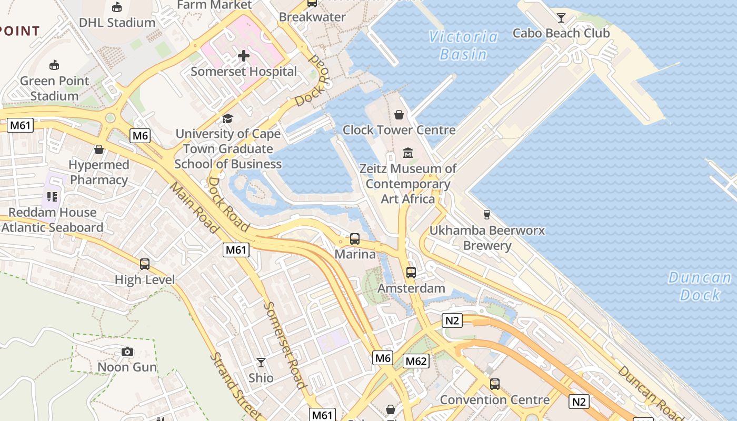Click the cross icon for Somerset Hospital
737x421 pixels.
[243, 55]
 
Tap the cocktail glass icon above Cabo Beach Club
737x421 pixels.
[561, 18]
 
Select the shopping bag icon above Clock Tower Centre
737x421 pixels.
[399, 115]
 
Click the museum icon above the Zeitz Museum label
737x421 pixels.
[407, 153]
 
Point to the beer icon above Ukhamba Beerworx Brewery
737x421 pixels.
[486, 215]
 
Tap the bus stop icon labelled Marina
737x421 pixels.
[355, 239]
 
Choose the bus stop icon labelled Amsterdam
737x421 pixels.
[411, 273]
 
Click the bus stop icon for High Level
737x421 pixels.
[145, 264]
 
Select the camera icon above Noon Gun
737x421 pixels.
[127, 352]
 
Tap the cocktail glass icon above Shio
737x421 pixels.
[261, 363]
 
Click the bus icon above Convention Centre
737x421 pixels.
[494, 384]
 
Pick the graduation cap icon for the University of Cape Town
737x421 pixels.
[227, 118]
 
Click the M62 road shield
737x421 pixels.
[416, 361]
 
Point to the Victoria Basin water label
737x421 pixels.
[463, 45]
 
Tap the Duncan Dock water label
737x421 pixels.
[700, 286]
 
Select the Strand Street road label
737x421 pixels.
[235, 385]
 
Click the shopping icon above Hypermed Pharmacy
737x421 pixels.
[98, 149]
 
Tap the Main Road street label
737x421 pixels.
[194, 207]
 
